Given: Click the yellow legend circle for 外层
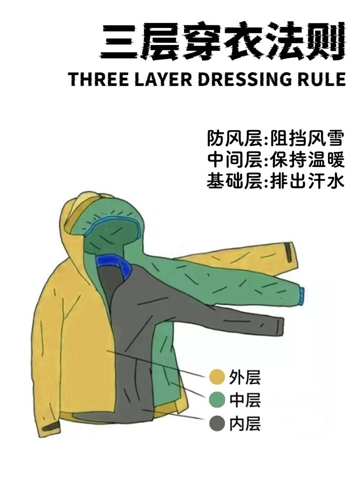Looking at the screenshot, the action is point(217,377).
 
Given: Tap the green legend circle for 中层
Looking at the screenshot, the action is point(217,400).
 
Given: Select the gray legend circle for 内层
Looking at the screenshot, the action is point(217,423).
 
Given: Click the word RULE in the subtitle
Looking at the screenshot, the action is point(319,79).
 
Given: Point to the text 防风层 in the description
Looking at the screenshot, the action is point(234,139).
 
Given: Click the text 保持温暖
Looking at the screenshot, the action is point(307,160).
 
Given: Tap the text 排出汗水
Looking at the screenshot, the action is point(307,181).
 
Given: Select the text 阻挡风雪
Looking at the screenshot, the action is point(307,139).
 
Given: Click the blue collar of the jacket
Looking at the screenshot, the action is point(115,265).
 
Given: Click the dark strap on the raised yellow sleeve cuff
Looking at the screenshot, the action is point(289,251).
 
